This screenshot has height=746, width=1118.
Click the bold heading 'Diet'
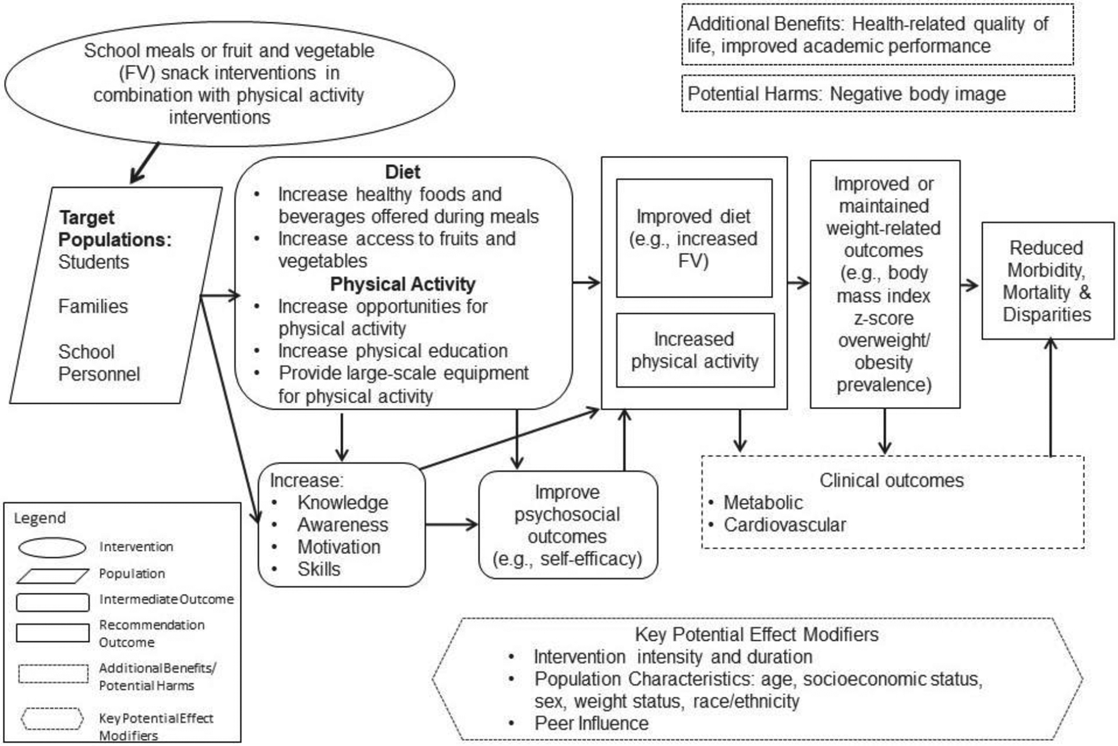pyautogui.click(x=402, y=172)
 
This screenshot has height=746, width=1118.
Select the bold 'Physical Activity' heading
pyautogui.click(x=402, y=284)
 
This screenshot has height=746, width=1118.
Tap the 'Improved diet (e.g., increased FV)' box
pyautogui.click(x=694, y=238)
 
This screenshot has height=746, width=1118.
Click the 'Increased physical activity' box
pyautogui.click(x=695, y=350)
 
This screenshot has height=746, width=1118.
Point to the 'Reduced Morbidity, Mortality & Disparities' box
pyautogui.click(x=1047, y=281)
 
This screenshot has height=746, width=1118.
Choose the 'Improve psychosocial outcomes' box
pyautogui.click(x=567, y=525)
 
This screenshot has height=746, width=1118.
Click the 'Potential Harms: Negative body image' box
pyautogui.click(x=878, y=93)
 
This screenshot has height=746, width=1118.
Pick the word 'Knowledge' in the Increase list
pyautogui.click(x=342, y=502)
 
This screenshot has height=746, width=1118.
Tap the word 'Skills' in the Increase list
pyautogui.click(x=319, y=569)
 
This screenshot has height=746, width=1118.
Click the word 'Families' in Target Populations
pyautogui.click(x=93, y=306)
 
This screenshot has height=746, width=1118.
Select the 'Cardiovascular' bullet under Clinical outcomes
pyautogui.click(x=784, y=525)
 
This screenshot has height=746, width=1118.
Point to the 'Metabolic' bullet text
pyautogui.click(x=763, y=502)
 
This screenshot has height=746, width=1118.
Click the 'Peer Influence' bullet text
pyautogui.click(x=591, y=723)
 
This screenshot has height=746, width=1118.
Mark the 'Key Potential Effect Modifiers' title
pyautogui.click(x=756, y=634)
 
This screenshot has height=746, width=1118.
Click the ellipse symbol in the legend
pyautogui.click(x=52, y=547)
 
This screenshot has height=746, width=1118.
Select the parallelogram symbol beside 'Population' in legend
pyautogui.click(x=52, y=575)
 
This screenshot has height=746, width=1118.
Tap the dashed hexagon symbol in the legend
pyautogui.click(x=52, y=719)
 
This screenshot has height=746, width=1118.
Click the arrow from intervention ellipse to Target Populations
pyautogui.click(x=144, y=164)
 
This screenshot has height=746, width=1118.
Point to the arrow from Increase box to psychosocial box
pyautogui.click(x=451, y=525)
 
